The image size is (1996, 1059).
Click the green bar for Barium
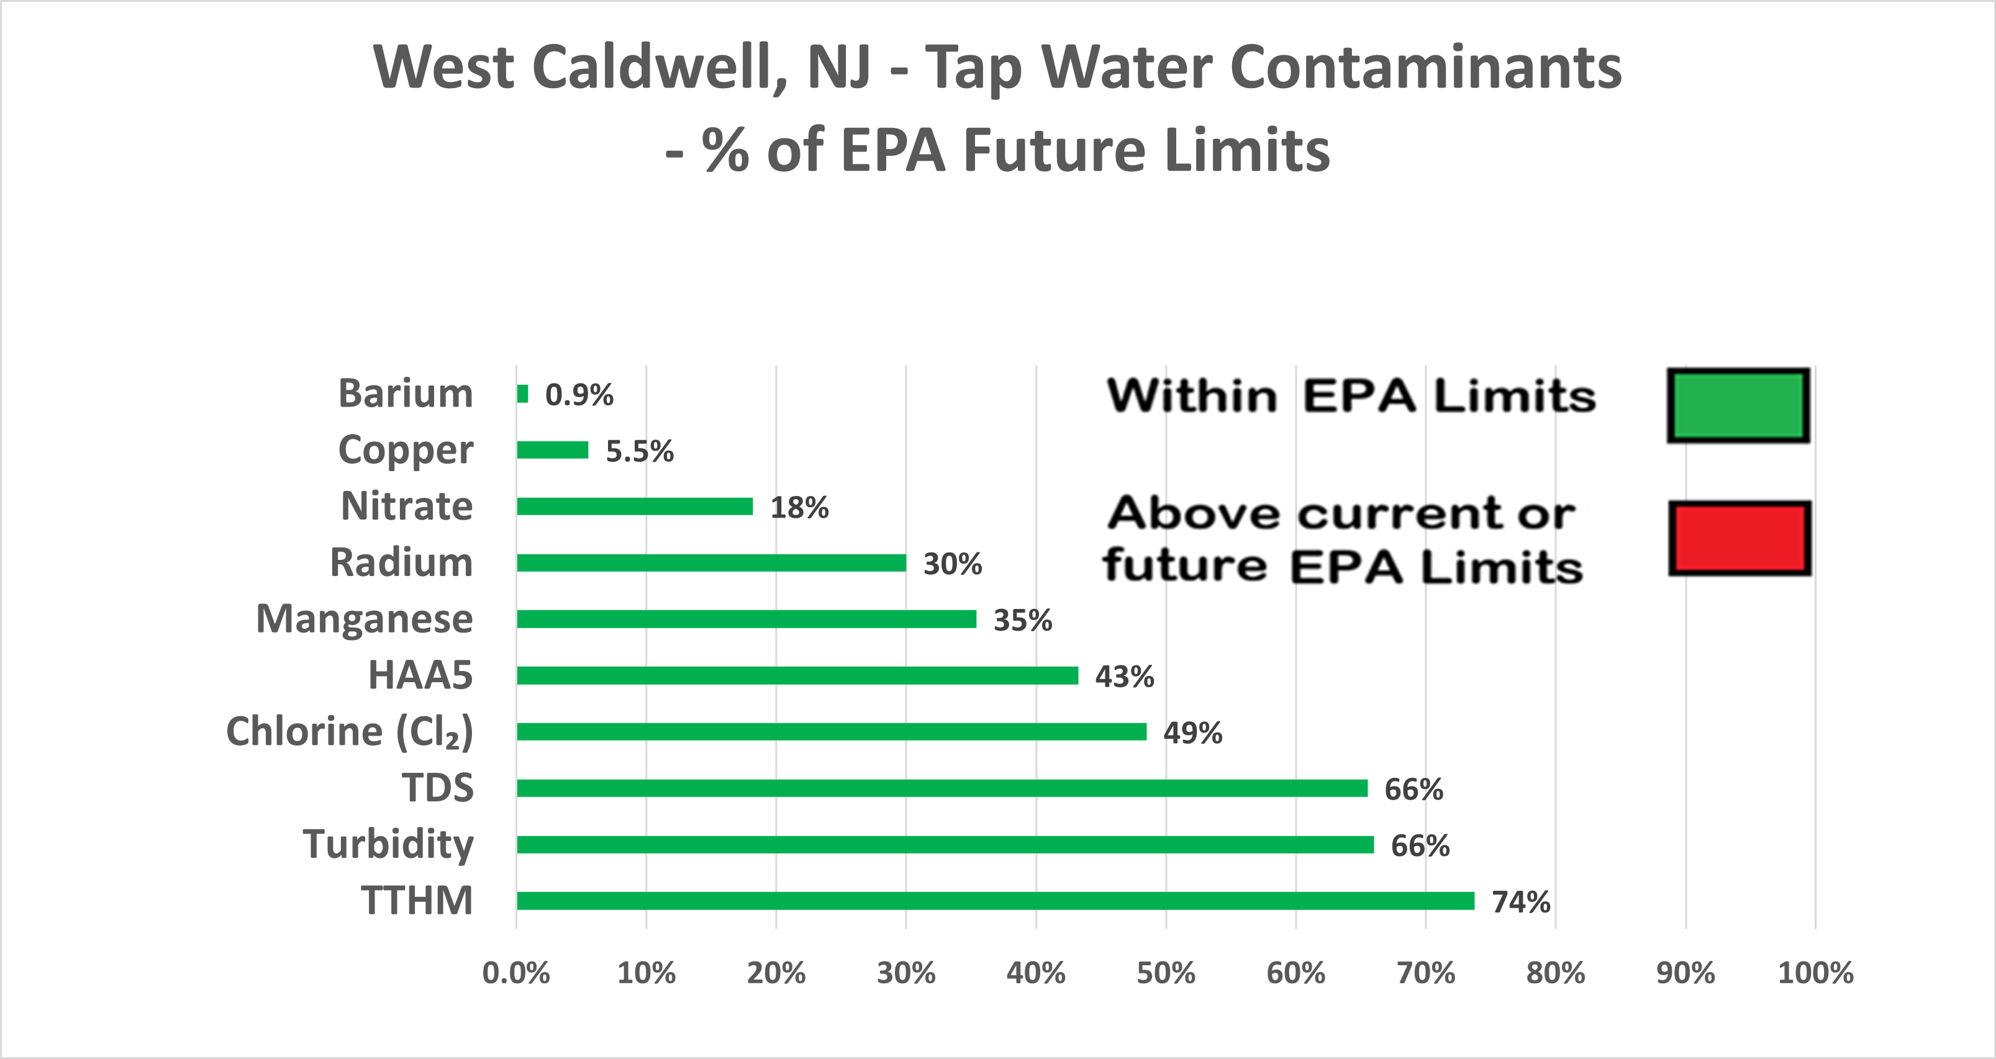(523, 394)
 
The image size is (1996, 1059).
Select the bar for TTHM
(995, 900)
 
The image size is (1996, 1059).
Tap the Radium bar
(711, 562)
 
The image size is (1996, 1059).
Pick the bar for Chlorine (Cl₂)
(832, 731)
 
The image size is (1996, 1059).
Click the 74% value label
(1521, 902)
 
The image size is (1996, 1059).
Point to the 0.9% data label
(579, 395)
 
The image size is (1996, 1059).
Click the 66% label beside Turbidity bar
(1420, 846)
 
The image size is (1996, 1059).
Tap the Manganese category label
(364, 619)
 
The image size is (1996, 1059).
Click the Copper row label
(406, 450)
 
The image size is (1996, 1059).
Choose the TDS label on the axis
(437, 788)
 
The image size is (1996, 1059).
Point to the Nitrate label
(407, 506)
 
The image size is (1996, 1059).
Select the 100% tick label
(1815, 973)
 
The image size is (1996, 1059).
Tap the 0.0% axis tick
(516, 973)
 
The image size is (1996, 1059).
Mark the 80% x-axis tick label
(1555, 973)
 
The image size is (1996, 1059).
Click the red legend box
(1739, 538)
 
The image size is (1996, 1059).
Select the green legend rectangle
(1738, 405)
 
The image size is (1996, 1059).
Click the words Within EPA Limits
(1351, 397)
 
